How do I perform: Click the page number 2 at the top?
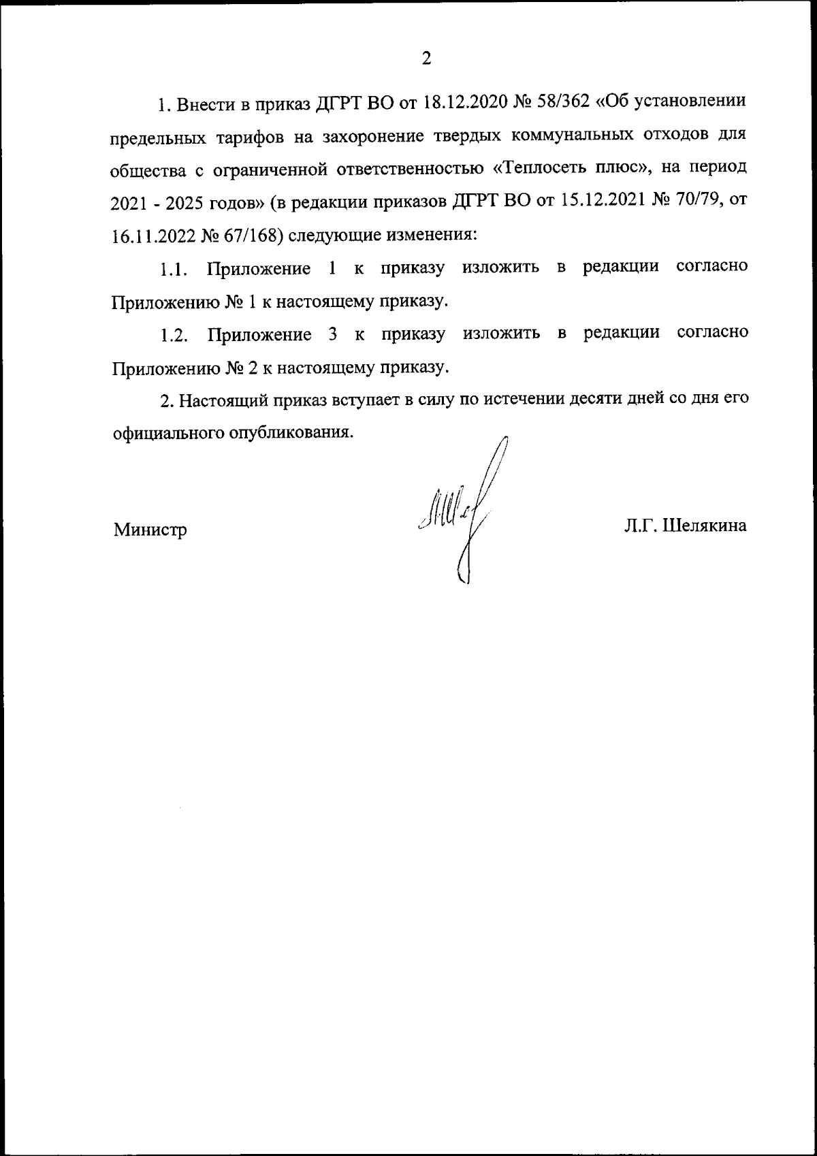(x=426, y=59)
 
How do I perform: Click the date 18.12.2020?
(x=463, y=103)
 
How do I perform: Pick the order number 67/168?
(x=248, y=235)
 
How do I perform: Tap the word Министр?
(x=150, y=529)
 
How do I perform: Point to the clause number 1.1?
(x=173, y=269)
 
